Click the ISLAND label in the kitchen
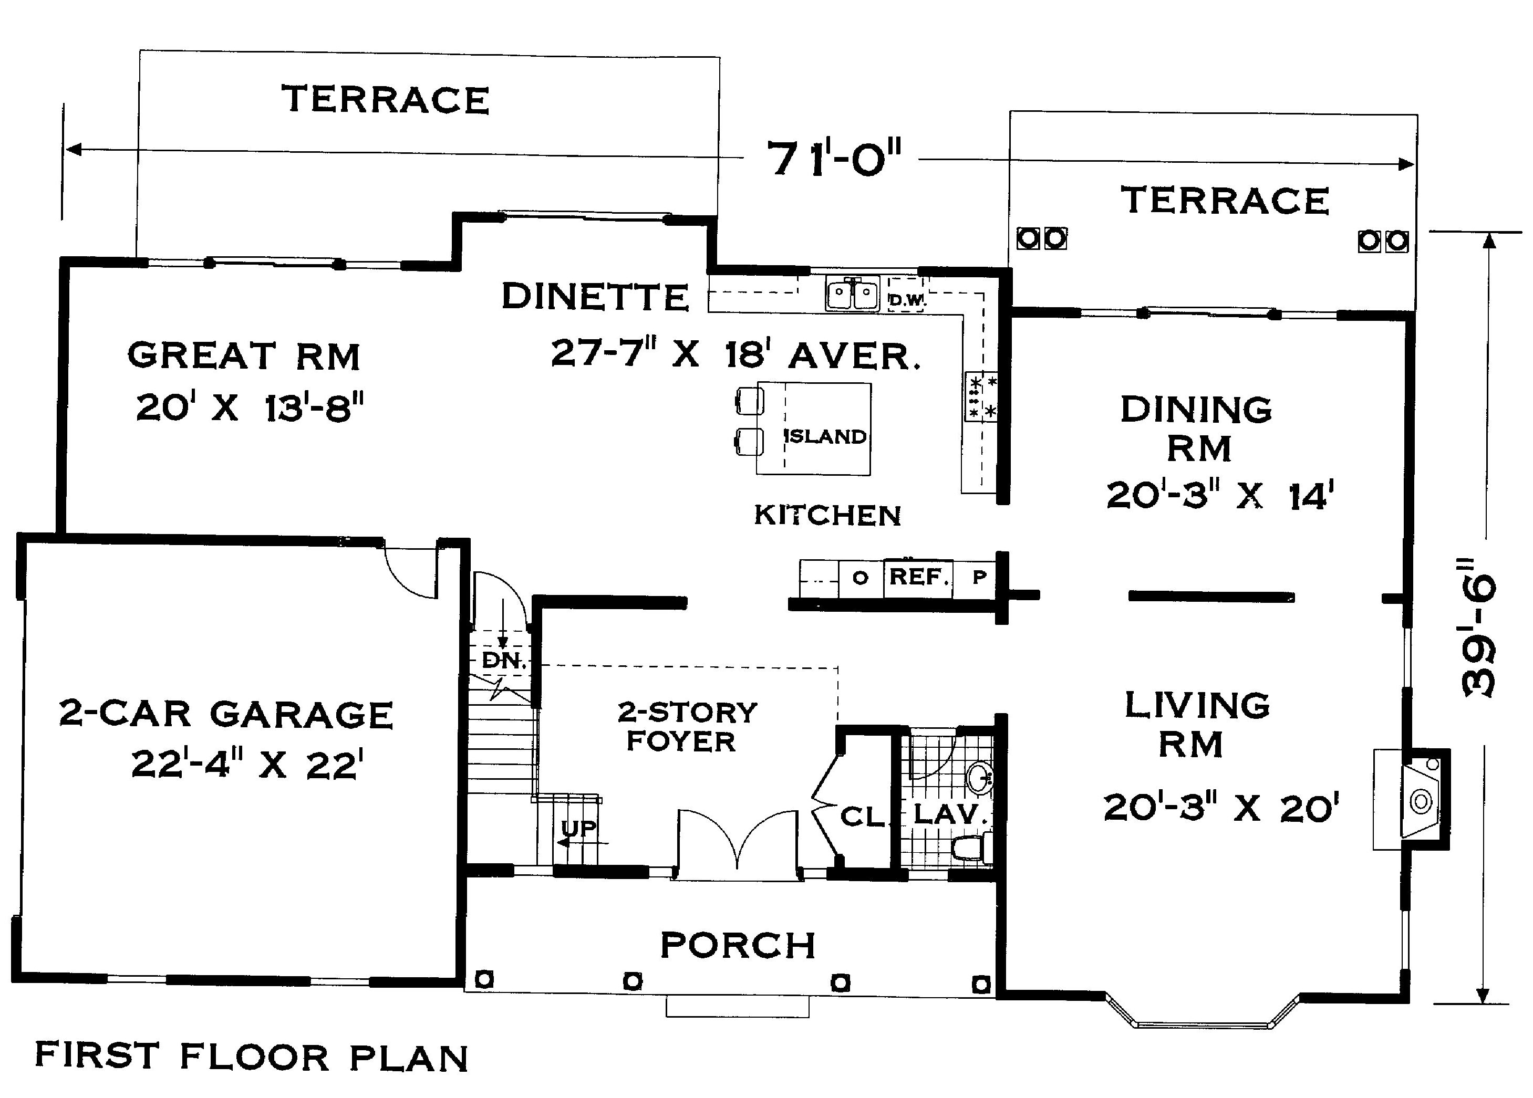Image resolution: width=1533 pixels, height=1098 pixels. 825,436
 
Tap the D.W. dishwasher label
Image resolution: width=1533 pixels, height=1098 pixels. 906,301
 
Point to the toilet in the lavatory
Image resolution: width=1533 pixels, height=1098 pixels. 972,848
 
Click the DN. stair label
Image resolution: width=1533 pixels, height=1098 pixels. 504,661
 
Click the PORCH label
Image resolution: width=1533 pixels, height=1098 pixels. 738,945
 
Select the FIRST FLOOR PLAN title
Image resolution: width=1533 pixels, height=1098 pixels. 252,1058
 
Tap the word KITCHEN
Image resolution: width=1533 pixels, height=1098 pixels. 827,516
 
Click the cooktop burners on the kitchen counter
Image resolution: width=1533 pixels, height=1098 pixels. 980,396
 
